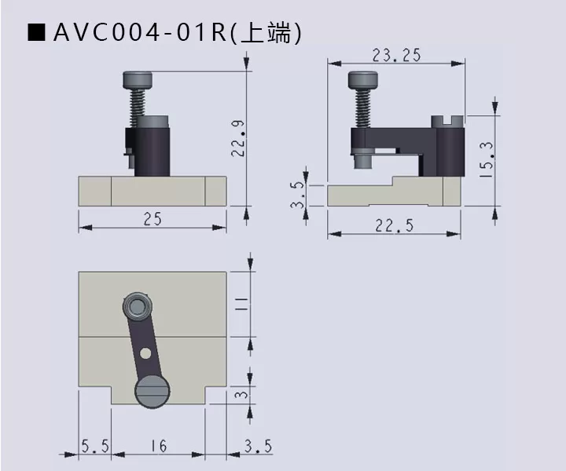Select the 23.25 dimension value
tap(396, 54)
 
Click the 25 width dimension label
tap(153, 220)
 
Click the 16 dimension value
tap(158, 446)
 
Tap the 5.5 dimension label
tap(94, 446)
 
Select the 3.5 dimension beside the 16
tap(258, 446)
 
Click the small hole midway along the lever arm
tap(145, 353)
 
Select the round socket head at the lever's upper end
tap(139, 305)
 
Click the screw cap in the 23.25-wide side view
tap(362, 79)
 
